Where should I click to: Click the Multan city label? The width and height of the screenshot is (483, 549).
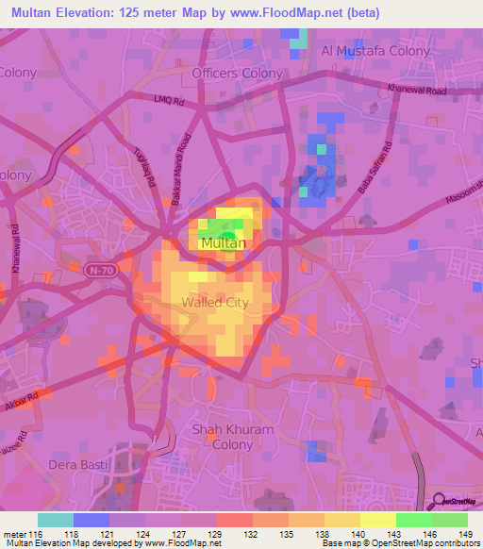pos(224,243)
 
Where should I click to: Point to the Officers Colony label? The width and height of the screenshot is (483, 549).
pos(237,73)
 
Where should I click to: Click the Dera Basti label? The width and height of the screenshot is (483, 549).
pos(78,465)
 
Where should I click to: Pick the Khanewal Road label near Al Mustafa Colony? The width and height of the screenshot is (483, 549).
pos(412,90)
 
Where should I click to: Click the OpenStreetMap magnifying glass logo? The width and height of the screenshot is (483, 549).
pos(439,503)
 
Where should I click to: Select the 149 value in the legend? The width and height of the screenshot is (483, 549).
pos(466,534)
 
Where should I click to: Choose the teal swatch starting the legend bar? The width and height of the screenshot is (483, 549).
pos(55,520)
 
